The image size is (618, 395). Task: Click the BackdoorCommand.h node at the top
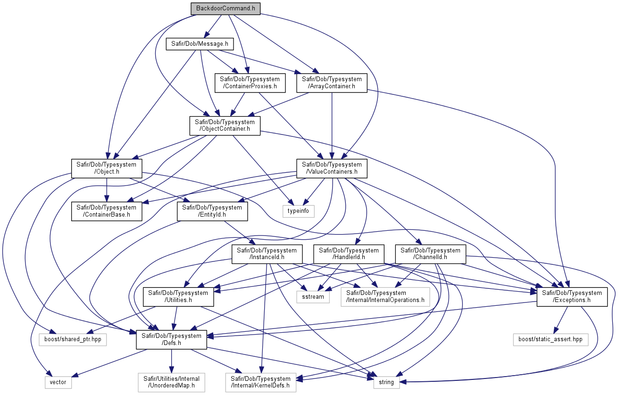225,8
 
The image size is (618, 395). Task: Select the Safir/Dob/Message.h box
200,44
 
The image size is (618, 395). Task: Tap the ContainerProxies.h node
250,83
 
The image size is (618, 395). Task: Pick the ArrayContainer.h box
332,83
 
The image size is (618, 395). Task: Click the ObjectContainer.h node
225,126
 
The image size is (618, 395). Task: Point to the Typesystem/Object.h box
107,168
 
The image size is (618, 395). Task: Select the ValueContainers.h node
332,168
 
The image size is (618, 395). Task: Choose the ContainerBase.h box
107,211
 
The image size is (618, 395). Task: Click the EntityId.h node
212,211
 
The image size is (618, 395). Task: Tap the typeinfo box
298,211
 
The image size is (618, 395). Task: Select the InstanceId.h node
267,254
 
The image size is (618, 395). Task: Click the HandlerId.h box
349,254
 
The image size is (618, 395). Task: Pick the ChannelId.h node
430,254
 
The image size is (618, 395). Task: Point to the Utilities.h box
178,297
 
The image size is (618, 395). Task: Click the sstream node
313,297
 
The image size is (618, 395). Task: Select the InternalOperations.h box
385,297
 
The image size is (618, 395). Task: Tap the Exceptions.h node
572,297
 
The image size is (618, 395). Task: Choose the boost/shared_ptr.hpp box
73,339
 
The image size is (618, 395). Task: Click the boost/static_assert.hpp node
551,339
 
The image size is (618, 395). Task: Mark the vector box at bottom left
58,382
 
